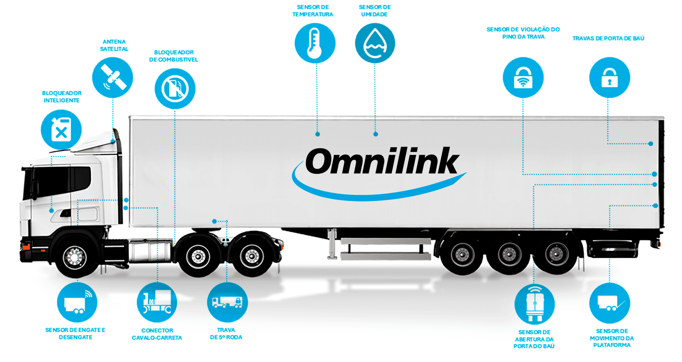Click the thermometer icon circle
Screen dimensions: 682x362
315,43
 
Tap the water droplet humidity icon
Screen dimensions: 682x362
375,43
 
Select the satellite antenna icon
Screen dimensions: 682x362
113,78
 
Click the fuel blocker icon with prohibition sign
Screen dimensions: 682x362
175,89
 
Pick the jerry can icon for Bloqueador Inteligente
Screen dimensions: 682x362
61,129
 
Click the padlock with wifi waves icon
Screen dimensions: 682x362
523,78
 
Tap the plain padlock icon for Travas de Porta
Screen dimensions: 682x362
610,78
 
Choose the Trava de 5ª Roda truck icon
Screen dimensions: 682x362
227,302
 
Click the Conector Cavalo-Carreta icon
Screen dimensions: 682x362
157,302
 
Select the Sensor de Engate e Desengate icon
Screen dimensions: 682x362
77,302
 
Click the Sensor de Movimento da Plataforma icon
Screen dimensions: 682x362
610,303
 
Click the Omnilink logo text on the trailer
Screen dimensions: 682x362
382,161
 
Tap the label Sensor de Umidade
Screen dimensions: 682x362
374,11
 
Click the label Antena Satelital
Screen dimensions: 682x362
114,45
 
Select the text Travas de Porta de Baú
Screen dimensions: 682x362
608,38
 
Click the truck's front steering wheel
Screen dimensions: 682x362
75,256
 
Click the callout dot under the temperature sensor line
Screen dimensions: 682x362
318,134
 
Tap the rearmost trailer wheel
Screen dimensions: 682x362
556,254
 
